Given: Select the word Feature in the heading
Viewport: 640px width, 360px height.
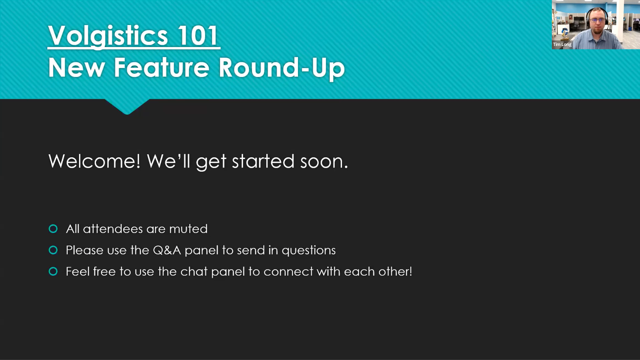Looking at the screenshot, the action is click(162, 67).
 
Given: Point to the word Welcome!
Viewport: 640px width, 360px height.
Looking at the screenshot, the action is click(94, 161).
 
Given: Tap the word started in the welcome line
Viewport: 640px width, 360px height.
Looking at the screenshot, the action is click(263, 161).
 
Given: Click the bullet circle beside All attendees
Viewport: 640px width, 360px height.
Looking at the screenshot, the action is click(53, 229).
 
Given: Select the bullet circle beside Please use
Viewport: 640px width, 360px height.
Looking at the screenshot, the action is click(53, 250).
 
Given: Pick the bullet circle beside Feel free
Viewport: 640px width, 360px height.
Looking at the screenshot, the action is click(53, 271).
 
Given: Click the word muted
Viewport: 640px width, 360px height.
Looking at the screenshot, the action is click(188, 229).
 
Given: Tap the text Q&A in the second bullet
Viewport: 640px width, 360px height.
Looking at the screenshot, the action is click(167, 250).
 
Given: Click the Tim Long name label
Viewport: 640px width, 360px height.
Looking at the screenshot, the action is click(562, 44).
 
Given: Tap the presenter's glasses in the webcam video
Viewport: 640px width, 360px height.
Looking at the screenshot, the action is click(597, 20).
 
